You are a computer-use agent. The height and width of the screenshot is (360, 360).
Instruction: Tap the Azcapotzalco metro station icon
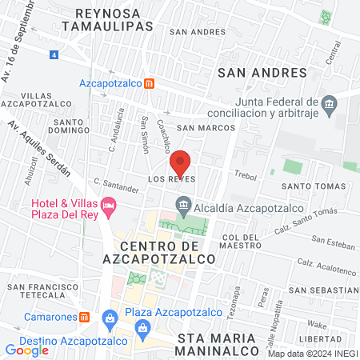[150, 83]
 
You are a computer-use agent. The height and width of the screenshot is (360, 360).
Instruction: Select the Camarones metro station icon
[85, 316]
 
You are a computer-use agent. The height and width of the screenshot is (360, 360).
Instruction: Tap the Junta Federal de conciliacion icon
[329, 105]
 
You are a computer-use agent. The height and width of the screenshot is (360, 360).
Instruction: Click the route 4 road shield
[54, 55]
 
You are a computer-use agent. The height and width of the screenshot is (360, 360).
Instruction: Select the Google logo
[27, 350]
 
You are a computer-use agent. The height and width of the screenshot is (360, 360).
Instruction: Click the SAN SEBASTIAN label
[323, 290]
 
